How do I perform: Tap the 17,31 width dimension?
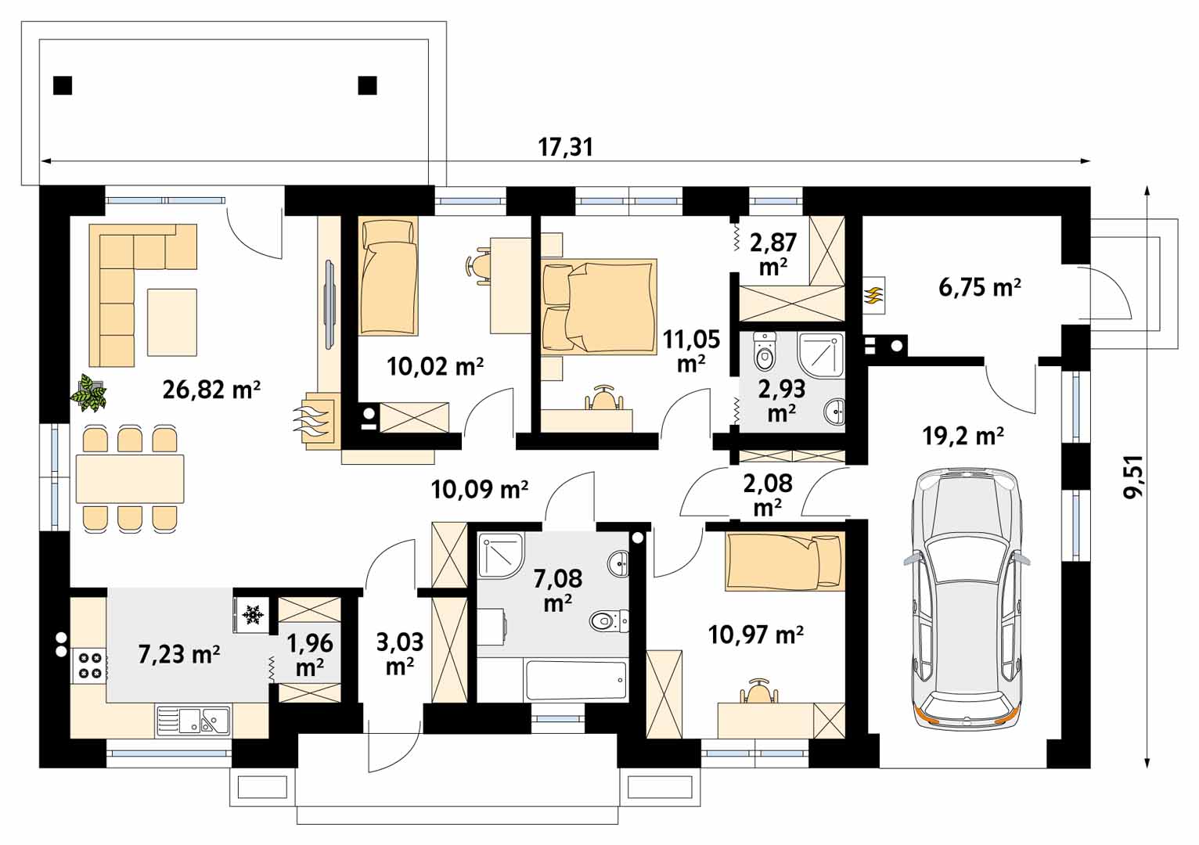566,147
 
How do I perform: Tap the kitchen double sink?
194,720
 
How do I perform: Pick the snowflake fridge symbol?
250,615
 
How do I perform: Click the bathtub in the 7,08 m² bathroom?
576,680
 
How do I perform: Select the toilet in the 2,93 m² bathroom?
765,351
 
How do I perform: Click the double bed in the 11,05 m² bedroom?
599,307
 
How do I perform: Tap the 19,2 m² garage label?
963,436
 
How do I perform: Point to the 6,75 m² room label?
980,287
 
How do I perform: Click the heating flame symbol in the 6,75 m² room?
873,295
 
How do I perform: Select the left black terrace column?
63,85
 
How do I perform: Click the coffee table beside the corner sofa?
172,322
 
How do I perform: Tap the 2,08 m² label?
768,494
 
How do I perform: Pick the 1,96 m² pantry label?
310,655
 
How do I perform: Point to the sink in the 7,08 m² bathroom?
618,563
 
